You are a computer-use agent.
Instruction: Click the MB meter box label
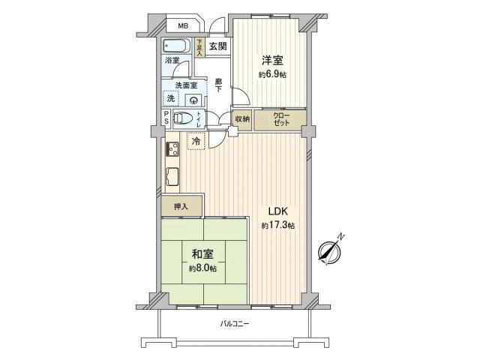point(183,26)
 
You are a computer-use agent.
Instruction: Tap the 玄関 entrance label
point(218,46)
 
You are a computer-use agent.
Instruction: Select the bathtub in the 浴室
point(176,46)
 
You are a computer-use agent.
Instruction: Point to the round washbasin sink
point(193,100)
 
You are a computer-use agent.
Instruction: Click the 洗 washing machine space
point(171,98)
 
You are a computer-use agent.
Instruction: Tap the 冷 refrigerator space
point(196,141)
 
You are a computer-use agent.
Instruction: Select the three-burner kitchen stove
point(173,149)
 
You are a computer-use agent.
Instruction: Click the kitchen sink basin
point(172,177)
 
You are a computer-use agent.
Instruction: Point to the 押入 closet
point(181,206)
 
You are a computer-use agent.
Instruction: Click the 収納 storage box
point(242,120)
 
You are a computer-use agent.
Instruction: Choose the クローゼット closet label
point(281,120)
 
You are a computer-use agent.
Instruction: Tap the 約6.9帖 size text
point(272,74)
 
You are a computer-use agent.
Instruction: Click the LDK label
point(278,211)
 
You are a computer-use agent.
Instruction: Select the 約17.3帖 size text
point(278,226)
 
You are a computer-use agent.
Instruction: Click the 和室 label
point(202,254)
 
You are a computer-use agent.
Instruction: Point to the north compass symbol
point(330,250)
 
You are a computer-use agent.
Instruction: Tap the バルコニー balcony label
point(235,323)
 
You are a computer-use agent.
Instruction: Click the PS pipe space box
point(166,117)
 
